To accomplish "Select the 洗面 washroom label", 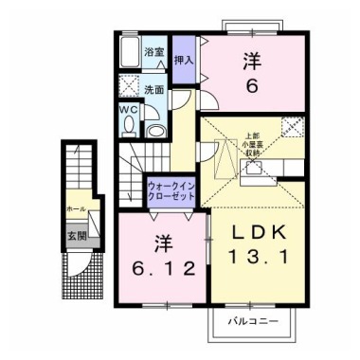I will click(154, 89).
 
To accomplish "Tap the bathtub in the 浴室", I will click(131, 57).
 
